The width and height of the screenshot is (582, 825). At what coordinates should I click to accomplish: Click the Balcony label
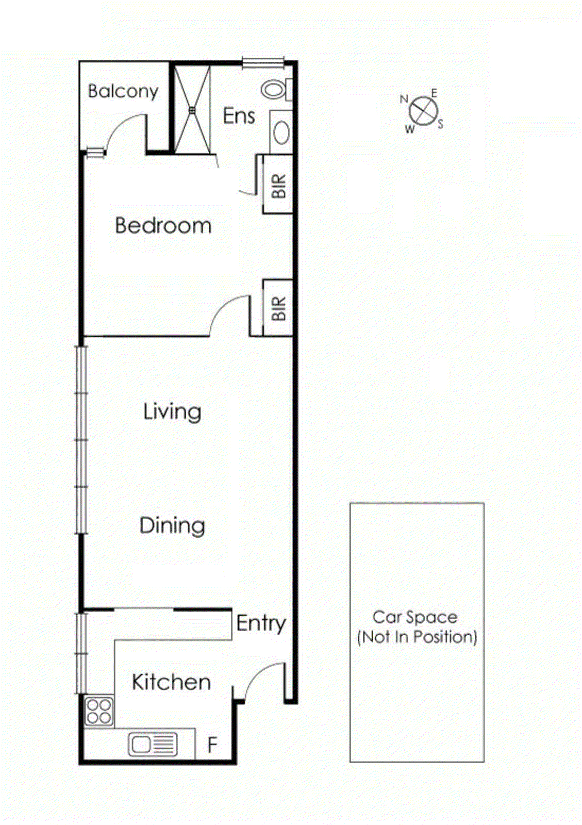click(x=123, y=91)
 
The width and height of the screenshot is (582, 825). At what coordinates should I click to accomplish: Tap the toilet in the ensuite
click(x=274, y=89)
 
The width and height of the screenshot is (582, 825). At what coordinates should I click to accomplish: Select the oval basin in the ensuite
click(x=281, y=133)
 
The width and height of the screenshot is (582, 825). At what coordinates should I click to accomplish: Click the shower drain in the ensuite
click(x=192, y=109)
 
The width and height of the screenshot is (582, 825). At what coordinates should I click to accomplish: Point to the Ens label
click(x=239, y=116)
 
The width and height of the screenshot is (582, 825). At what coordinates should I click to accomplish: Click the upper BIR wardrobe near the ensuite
click(x=278, y=185)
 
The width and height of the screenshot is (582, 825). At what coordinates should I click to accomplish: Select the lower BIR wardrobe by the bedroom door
click(x=278, y=308)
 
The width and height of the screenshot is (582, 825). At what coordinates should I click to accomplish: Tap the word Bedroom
click(x=163, y=226)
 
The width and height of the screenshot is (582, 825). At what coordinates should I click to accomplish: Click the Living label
click(x=172, y=412)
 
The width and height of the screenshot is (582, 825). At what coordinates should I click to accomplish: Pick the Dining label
click(x=172, y=525)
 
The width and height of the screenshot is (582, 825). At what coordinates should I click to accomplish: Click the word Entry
click(x=261, y=623)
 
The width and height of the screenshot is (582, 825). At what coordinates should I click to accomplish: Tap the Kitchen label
click(x=171, y=682)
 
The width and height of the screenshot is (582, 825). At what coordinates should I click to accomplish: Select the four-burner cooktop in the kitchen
click(x=99, y=711)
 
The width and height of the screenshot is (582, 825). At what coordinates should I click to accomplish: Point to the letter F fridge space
click(x=212, y=745)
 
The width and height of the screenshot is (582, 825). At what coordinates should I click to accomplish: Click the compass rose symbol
click(x=423, y=111)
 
